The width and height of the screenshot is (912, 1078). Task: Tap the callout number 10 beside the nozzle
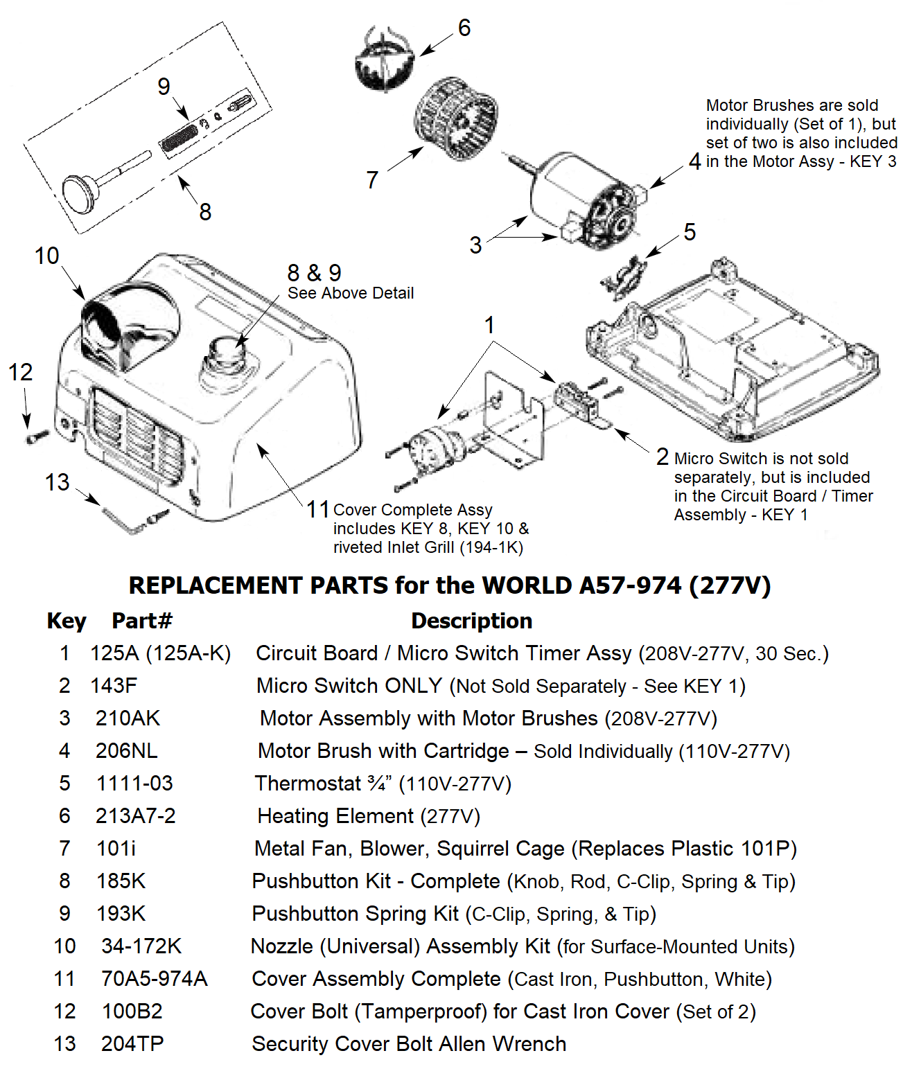(x=47, y=256)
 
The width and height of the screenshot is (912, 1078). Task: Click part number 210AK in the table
(x=128, y=718)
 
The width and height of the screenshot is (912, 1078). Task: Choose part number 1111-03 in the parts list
(x=134, y=784)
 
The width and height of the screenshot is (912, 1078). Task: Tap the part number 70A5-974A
(x=154, y=979)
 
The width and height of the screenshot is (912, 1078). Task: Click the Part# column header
(x=142, y=621)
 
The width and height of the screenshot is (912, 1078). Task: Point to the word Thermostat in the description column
(x=308, y=784)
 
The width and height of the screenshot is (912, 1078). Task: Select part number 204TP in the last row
(x=132, y=1044)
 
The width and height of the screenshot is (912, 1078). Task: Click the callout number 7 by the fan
(x=372, y=180)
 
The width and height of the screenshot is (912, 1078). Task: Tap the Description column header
(x=471, y=621)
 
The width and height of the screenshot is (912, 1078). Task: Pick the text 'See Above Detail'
(x=351, y=293)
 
